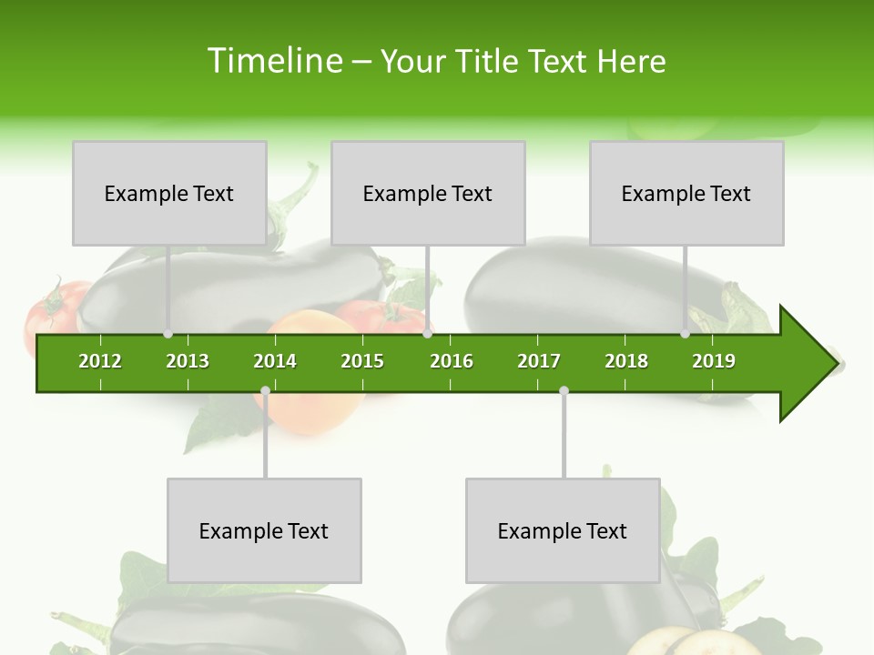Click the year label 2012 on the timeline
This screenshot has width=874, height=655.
[100, 361]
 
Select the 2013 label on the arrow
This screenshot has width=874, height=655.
[188, 361]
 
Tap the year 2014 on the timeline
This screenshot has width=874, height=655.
[275, 361]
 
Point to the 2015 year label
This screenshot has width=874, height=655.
[362, 361]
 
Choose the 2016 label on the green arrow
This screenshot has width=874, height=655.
[452, 361]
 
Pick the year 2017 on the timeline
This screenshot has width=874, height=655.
[539, 361]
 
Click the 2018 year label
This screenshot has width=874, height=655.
[626, 361]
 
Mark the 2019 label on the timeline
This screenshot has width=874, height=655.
[714, 361]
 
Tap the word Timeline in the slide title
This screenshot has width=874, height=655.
[273, 61]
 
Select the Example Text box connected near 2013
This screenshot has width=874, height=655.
[169, 193]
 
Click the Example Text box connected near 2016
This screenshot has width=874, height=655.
[428, 193]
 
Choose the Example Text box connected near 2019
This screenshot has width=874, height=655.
[686, 193]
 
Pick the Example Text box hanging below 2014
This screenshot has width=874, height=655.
[264, 530]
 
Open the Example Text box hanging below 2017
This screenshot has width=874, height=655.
[563, 530]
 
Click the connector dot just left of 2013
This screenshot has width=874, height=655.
[168, 334]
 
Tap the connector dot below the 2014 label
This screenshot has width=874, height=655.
[265, 391]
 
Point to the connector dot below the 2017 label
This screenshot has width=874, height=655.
[564, 391]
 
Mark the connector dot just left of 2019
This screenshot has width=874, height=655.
[685, 334]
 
